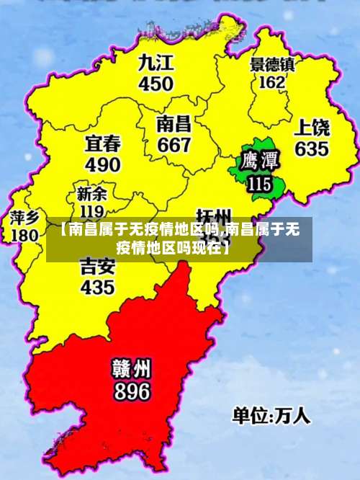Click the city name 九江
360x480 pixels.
[x=156, y=62]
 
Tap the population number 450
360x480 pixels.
[x=156, y=84]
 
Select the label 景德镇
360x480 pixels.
[x=272, y=64]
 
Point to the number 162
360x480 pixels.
[x=271, y=82]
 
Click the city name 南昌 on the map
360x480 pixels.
[x=174, y=123]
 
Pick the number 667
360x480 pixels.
[x=174, y=145]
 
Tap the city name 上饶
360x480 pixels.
[x=312, y=128]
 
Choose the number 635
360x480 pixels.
[x=311, y=149]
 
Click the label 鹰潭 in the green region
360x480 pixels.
[x=258, y=159]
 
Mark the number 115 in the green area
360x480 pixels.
[x=258, y=184]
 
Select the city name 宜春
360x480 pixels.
[x=103, y=142]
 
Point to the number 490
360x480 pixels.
[x=103, y=164]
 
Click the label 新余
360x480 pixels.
[x=91, y=194]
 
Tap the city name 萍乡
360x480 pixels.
[x=25, y=217]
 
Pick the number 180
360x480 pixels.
[x=25, y=235]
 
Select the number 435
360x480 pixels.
[x=97, y=287]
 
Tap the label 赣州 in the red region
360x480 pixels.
[x=131, y=368]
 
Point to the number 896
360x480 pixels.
[x=131, y=391]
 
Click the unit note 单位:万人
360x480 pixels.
[x=271, y=416]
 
